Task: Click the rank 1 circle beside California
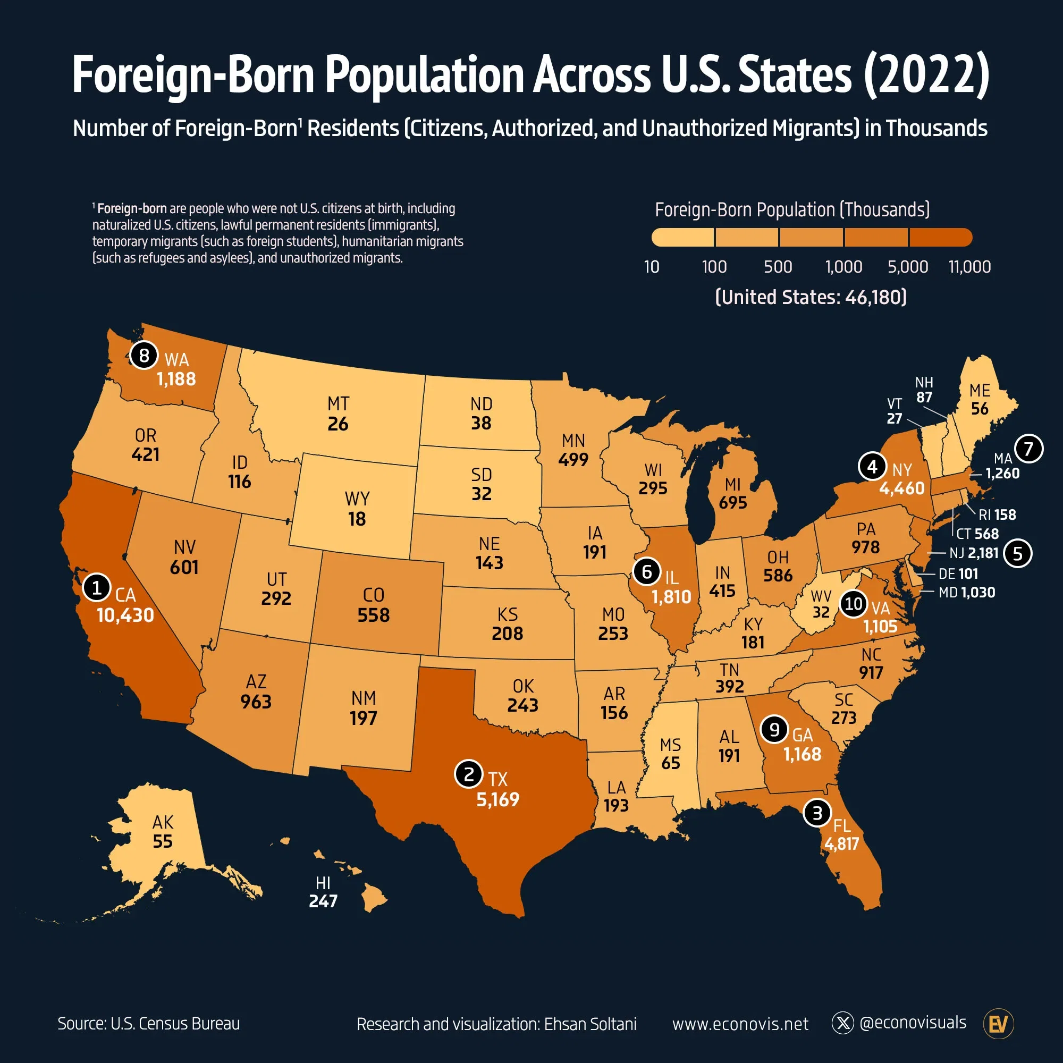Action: coord(97,588)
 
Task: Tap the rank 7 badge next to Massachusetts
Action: coord(1029,449)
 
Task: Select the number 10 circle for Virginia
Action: coord(854,604)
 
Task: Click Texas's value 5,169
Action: coord(497,799)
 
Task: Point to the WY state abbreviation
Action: coord(357,499)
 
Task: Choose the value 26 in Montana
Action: coord(338,424)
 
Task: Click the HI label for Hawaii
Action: coord(323,883)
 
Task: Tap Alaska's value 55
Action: coord(163,841)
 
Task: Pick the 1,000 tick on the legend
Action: coord(843,267)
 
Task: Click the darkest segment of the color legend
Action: coord(941,238)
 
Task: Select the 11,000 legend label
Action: coord(969,267)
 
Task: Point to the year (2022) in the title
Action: coord(926,75)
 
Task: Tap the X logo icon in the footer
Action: coord(842,1023)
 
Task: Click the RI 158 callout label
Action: coord(997,515)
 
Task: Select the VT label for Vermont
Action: coord(895,404)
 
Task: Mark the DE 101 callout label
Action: coord(958,574)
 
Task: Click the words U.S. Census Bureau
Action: coord(175,1023)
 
